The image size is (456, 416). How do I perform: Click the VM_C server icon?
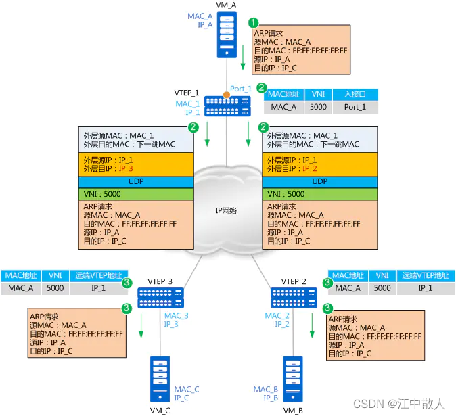click(x=160, y=381)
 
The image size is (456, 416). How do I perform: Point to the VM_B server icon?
click(x=294, y=381)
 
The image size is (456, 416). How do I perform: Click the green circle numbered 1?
click(x=254, y=22)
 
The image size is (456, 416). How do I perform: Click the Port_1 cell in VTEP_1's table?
click(x=355, y=107)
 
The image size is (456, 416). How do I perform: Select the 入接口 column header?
click(x=355, y=95)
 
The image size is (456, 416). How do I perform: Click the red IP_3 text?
click(x=126, y=168)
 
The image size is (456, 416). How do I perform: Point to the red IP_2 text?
click(x=310, y=168)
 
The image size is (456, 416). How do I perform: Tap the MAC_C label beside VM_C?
click(x=187, y=389)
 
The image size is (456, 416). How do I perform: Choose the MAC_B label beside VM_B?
click(x=266, y=389)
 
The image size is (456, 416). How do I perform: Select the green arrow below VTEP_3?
click(x=141, y=332)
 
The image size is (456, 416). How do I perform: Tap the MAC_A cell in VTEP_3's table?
click(x=21, y=287)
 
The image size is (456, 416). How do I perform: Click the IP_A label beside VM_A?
click(x=205, y=24)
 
